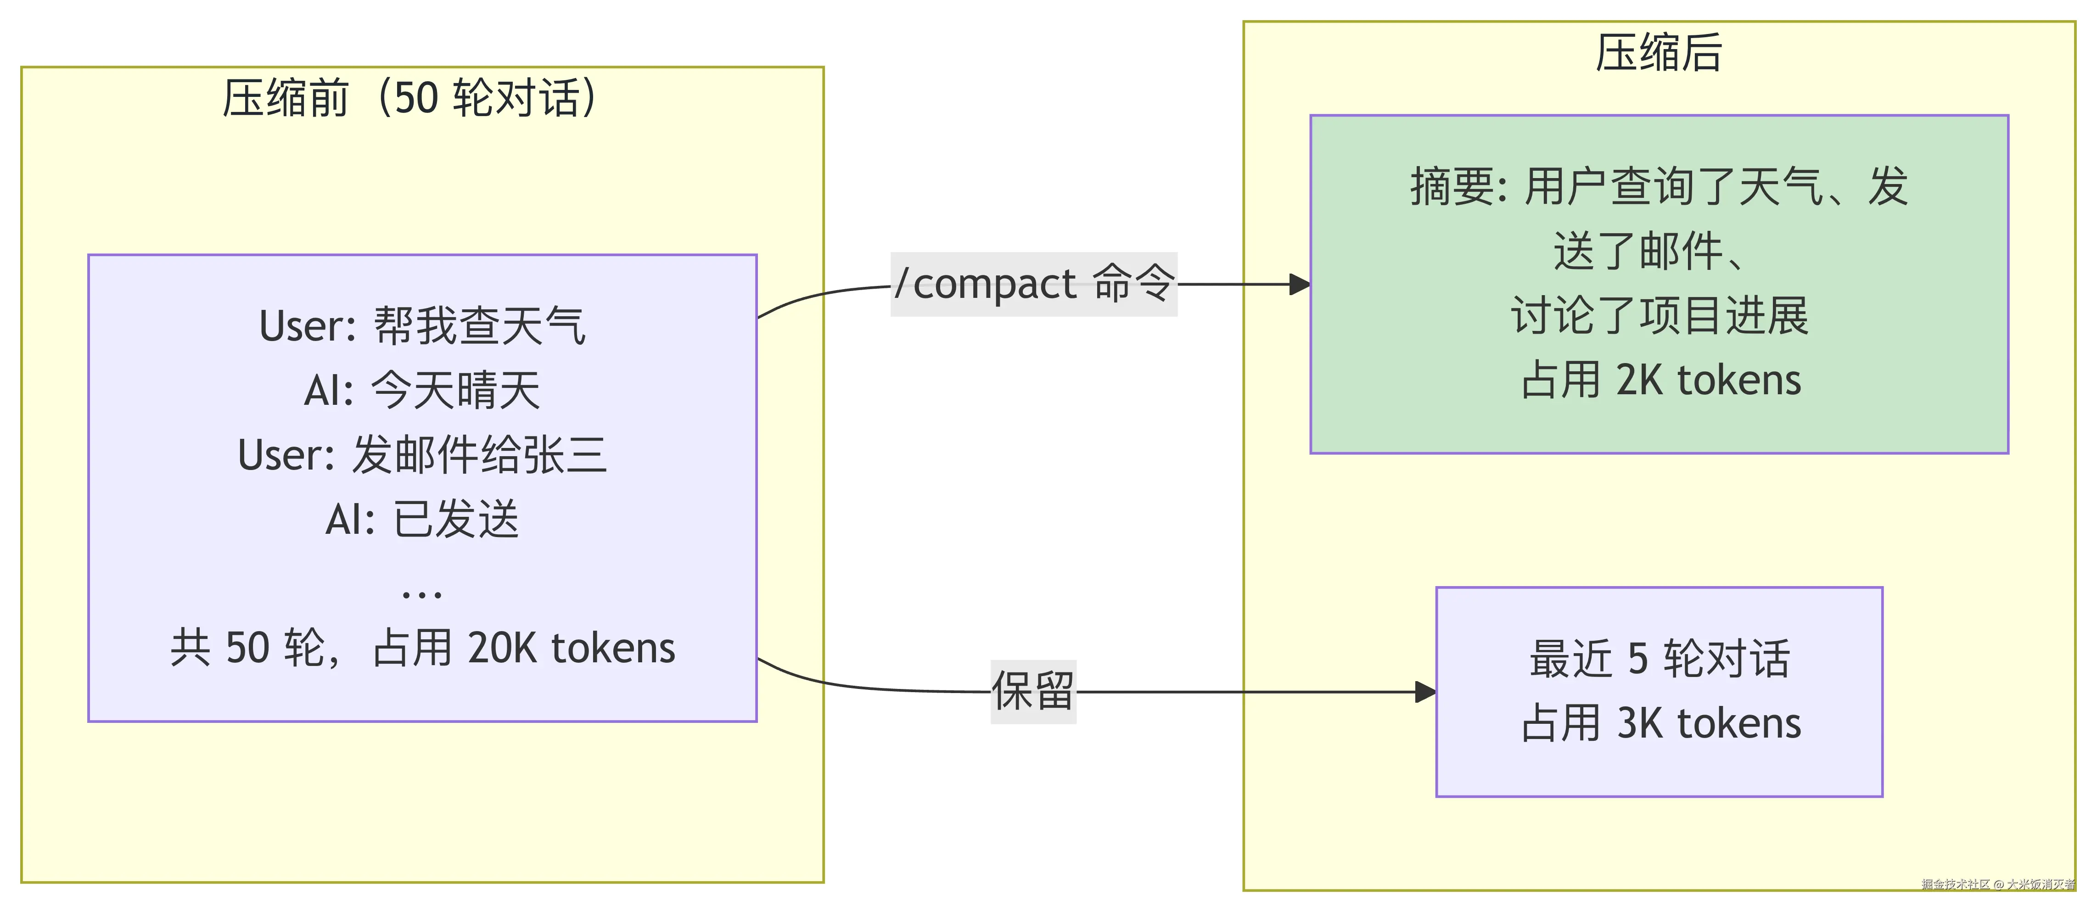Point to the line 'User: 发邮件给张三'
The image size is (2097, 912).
[422, 455]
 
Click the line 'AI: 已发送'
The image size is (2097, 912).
[422, 519]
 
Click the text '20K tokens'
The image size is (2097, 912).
[572, 649]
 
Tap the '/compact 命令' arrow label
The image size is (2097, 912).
[1034, 284]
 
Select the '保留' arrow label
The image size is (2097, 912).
[1033, 692]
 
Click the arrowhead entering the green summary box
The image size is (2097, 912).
[1300, 285]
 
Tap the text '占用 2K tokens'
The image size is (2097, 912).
[1661, 380]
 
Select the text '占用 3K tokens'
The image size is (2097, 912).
[1661, 723]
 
